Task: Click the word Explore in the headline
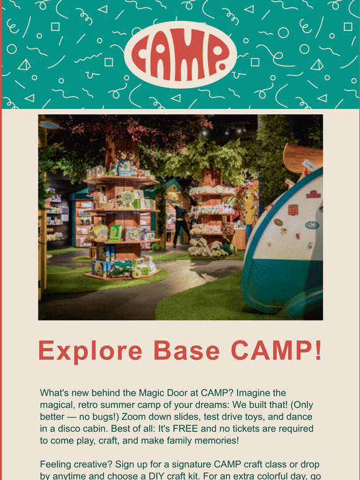tap(89, 351)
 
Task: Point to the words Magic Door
tap(167, 393)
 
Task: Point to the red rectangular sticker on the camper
tap(293, 210)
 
